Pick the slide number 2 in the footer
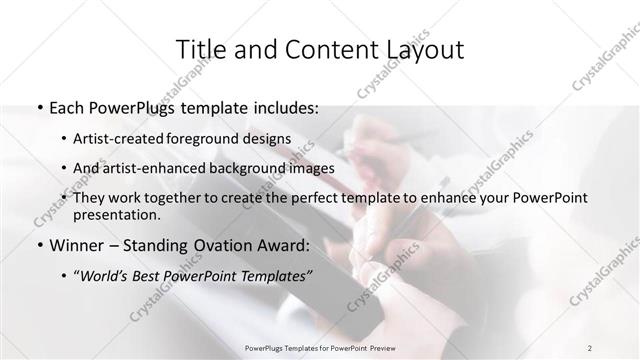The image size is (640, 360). point(590,346)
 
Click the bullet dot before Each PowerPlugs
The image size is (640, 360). point(37,108)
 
